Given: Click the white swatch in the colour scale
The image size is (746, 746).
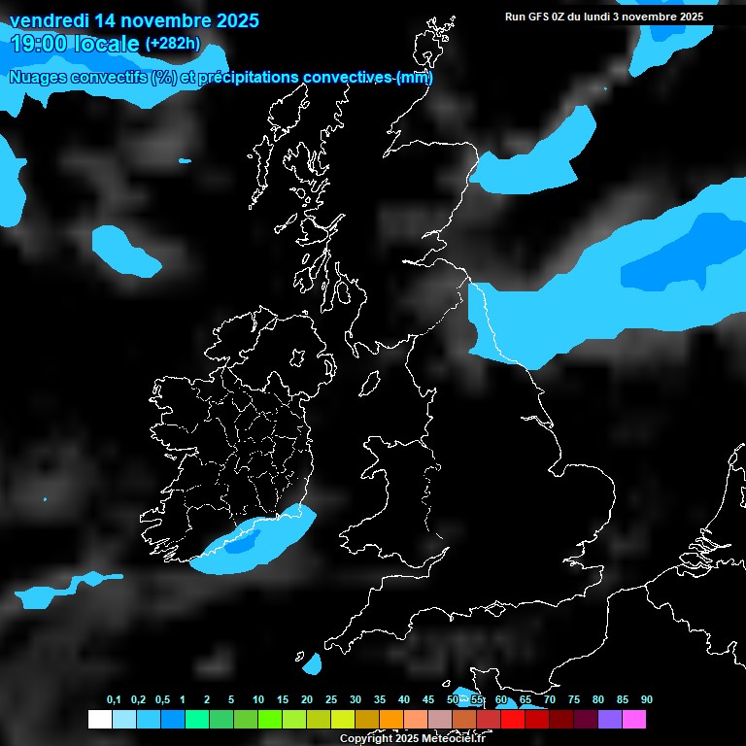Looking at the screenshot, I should point(99,719).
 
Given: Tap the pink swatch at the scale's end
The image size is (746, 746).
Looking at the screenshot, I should point(634,719).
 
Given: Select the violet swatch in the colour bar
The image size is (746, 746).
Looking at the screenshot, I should point(610,719).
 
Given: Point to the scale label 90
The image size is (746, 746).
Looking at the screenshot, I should point(647,700).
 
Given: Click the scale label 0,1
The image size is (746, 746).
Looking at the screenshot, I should point(114,700).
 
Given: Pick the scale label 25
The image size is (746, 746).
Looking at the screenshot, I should point(331,700).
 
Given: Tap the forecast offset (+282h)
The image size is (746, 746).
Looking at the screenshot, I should point(172,44).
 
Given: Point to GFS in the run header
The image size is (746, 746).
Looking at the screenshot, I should point(542,17).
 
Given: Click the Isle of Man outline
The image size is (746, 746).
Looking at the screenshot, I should point(370,386).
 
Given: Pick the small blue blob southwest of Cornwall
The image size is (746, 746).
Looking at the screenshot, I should point(313,665).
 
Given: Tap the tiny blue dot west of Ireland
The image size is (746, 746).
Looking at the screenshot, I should point(45,499).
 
